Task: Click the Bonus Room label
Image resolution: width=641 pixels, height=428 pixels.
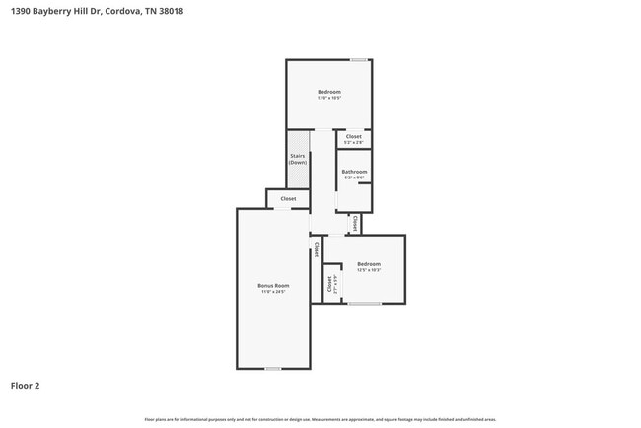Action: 274,286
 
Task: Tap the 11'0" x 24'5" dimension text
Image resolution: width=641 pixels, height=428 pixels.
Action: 274,293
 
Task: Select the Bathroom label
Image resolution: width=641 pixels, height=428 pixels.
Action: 354,172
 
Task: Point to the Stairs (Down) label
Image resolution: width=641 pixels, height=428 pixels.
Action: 297,159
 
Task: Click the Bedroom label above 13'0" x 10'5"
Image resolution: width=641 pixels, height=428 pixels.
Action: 328,92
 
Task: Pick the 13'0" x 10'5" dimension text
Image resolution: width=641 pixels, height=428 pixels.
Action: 328,99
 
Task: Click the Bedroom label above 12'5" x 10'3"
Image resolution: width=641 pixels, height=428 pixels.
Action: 369,263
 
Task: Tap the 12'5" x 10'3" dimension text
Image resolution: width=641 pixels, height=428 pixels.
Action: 369,270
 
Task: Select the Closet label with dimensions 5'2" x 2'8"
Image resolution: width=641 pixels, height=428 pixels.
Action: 353,137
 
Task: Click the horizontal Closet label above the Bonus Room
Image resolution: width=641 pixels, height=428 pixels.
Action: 288,199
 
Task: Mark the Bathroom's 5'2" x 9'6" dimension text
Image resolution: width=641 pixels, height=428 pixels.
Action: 354,178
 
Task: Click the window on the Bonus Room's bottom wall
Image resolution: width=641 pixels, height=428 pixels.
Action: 273,369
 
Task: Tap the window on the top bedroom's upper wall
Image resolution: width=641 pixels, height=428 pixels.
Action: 361,60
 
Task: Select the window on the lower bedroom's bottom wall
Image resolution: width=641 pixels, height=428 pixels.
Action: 365,304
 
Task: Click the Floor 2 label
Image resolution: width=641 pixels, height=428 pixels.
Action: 25,386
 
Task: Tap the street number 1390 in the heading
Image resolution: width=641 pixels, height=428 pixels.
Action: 20,12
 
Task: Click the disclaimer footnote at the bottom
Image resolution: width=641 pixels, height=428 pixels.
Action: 320,420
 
